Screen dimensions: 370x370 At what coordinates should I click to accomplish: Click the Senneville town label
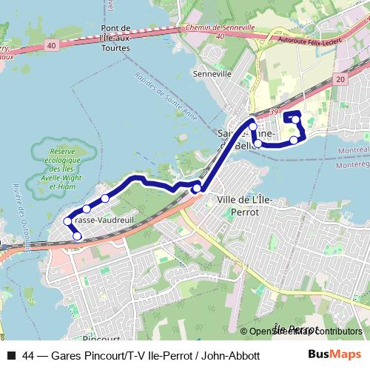coord(212,74)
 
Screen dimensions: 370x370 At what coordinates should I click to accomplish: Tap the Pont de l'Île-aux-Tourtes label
coord(115,38)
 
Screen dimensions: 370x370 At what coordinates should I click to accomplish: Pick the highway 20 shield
coord(340,79)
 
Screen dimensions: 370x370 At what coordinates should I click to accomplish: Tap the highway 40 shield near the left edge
coord(50,46)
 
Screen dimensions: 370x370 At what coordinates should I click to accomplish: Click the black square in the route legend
coord(10,356)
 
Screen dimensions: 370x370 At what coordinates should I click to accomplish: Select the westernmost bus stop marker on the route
coord(67,221)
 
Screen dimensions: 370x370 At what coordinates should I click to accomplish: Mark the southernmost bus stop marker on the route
coord(77,236)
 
